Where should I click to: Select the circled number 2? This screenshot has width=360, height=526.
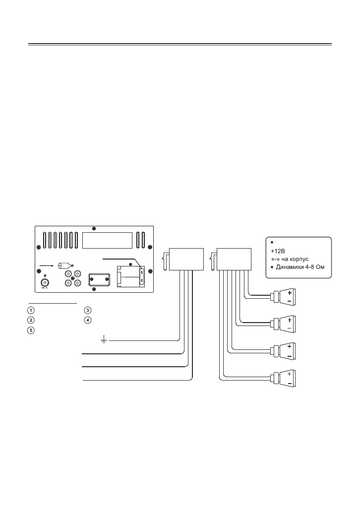(x=31, y=319)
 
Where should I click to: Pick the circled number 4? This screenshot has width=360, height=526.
(x=87, y=319)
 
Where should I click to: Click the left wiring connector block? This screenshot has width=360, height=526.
(x=186, y=259)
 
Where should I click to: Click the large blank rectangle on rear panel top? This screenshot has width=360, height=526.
(x=107, y=241)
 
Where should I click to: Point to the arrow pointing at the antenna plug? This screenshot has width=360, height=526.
(x=46, y=265)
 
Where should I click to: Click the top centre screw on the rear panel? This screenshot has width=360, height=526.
(x=95, y=229)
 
